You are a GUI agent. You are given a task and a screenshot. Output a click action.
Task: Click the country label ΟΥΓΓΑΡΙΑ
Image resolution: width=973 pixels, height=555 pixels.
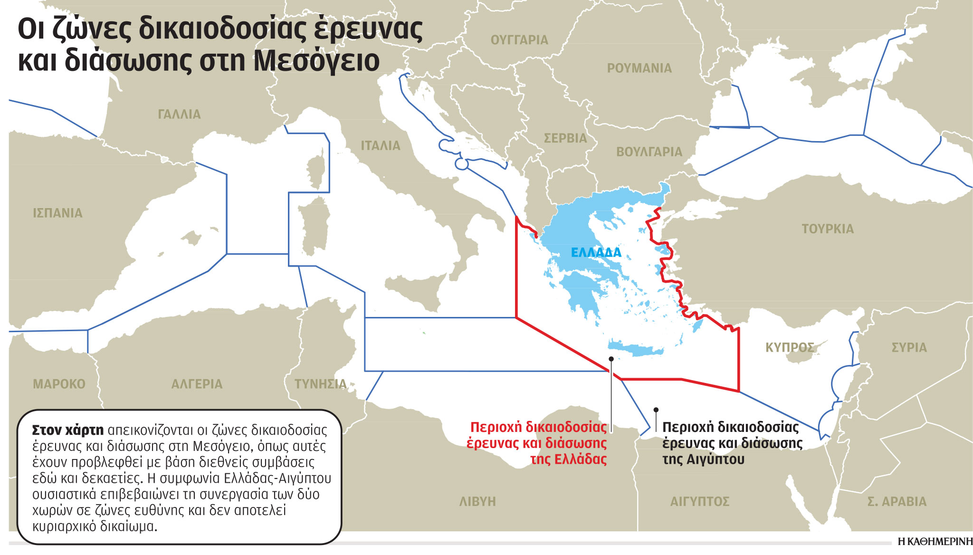519,40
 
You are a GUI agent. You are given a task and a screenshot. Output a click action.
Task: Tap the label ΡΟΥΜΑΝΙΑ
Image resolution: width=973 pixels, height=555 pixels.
639,68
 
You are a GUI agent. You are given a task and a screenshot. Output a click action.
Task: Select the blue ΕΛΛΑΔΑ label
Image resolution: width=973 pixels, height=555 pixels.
596,252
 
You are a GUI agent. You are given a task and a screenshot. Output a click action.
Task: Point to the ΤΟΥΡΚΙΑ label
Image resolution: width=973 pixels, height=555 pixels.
828,229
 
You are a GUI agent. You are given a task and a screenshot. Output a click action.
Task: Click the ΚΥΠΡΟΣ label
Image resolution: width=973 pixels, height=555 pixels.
790,347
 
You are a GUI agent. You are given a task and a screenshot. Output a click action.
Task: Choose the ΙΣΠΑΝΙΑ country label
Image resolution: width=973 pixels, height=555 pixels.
57,213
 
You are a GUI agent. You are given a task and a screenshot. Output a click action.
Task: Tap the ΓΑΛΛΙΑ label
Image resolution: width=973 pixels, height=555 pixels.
179,115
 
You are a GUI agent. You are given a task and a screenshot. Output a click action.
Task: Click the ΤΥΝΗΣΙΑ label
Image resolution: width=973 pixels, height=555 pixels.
320,384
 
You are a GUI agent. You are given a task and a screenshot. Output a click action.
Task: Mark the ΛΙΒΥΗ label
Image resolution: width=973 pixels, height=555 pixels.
477,501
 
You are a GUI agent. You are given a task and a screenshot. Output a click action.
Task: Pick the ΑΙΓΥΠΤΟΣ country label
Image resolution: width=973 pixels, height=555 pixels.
699,501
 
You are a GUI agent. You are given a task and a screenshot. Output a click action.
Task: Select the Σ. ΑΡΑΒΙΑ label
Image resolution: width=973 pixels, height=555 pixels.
897,501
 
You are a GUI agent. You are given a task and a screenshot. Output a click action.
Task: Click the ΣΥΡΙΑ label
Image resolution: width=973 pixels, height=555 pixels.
909,347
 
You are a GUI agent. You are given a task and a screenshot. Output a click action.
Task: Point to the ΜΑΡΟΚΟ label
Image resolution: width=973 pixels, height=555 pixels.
59,384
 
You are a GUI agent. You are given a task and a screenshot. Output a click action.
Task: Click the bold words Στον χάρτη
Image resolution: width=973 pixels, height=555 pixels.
67,430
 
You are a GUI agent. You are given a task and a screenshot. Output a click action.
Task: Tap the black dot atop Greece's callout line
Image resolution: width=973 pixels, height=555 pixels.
611,359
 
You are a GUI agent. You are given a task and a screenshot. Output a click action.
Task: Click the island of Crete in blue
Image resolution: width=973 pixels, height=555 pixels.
637,349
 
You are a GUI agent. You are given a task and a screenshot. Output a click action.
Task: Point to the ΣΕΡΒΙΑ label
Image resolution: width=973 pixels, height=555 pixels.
565,138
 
